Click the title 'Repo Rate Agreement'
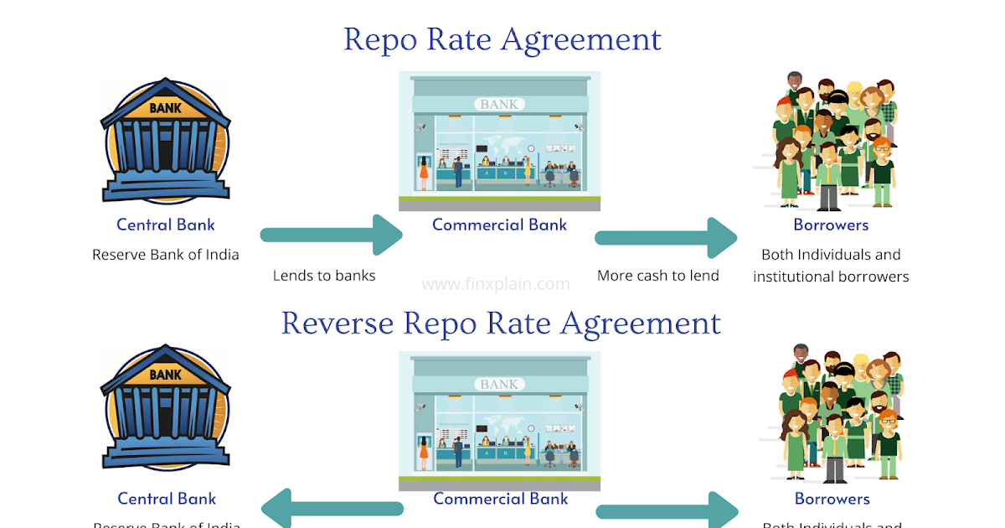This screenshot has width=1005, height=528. [502, 39]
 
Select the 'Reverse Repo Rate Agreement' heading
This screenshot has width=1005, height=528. [501, 323]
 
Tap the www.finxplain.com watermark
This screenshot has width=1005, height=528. [496, 283]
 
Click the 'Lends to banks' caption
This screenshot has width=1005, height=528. [324, 275]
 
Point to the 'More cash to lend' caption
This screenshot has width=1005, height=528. [657, 275]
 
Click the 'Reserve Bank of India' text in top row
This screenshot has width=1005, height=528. [166, 255]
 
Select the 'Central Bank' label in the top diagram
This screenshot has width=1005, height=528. [166, 225]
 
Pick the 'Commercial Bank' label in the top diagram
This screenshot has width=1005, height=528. [499, 225]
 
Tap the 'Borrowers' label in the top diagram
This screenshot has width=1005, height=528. [831, 225]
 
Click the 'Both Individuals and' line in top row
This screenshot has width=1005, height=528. [831, 254]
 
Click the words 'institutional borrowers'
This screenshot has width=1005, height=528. [831, 276]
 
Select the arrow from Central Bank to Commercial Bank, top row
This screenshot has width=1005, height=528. [331, 235]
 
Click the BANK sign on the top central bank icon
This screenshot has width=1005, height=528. [165, 108]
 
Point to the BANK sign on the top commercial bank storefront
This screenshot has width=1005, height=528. [500, 105]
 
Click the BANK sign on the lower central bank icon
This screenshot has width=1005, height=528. [165, 375]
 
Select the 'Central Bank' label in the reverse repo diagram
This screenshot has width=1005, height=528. [167, 499]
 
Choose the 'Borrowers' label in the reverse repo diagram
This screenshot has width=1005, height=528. [832, 499]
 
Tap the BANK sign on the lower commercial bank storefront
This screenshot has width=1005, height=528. [500, 384]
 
